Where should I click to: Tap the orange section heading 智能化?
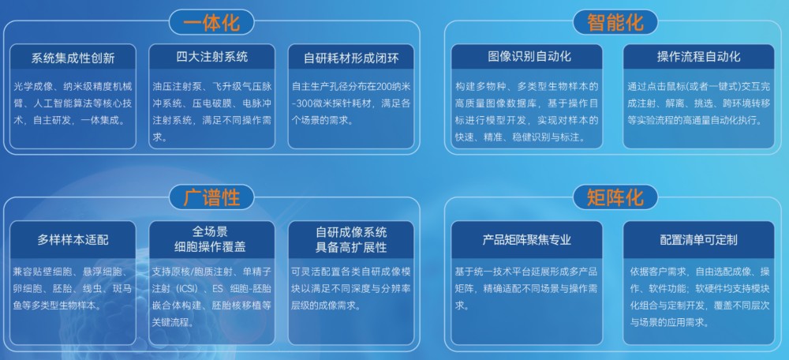[x=615, y=21]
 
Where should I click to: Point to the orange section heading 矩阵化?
[x=615, y=197]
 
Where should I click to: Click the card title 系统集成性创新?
[x=73, y=58]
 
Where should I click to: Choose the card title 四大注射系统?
[x=211, y=57]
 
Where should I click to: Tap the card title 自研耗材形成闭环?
[x=350, y=58]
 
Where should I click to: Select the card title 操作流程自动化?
[x=698, y=57]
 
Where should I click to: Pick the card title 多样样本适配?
[x=73, y=239]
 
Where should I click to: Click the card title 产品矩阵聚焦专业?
[x=527, y=239]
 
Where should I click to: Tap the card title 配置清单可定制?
[x=698, y=239]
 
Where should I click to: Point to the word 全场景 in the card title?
[x=211, y=231]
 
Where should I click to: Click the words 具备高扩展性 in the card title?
[x=350, y=247]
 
